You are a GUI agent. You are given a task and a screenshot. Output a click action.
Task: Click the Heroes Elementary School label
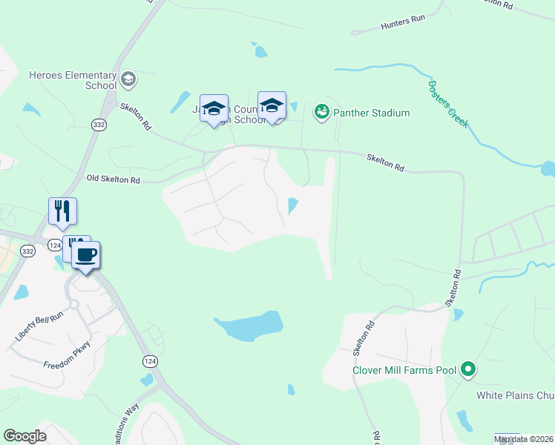coord(72,80)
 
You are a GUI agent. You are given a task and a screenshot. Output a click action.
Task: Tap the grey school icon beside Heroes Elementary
coord(128,78)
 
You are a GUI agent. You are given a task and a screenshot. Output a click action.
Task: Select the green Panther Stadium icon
coord(321,112)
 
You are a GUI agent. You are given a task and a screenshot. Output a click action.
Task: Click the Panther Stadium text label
coord(371,113)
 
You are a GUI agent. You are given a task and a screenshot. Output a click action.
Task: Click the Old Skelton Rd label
coord(113,179)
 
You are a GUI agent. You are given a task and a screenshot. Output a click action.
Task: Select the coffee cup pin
coord(85,255)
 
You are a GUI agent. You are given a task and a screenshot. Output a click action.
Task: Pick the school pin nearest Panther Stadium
coord(272,107)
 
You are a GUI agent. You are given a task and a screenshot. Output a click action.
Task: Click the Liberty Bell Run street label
coord(39,327)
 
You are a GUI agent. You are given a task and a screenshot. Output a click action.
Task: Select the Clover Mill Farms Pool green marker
coord(467,369)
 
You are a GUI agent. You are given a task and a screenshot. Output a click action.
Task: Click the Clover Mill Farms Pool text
coord(405,369)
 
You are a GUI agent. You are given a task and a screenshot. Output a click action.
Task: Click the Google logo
coord(25,436)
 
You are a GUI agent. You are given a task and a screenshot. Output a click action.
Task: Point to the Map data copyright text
coord(524,440)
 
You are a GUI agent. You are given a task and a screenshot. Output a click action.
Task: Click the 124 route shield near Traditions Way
coord(151,361)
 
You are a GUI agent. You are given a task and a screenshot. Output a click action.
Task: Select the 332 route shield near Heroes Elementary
coord(99,126)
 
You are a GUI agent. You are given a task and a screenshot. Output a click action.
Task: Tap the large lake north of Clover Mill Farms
coord(250,326)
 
